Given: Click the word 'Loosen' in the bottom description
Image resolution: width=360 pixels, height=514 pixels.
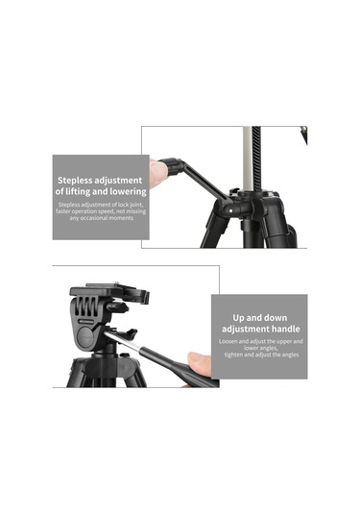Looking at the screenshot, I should point(231,342).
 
